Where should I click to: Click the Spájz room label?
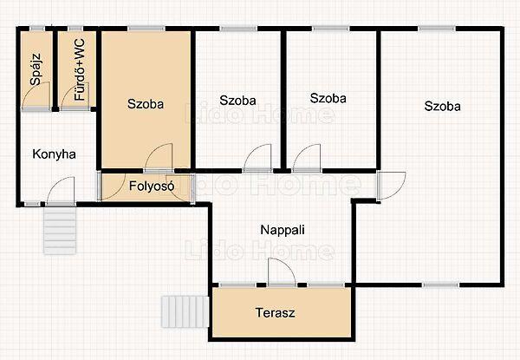pyautogui.click(x=36, y=69)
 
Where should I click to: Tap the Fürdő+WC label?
pyautogui.click(x=80, y=69)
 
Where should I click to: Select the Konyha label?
pyautogui.click(x=54, y=154)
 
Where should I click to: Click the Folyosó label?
pyautogui.click(x=152, y=186)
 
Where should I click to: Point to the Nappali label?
pyautogui.click(x=283, y=230)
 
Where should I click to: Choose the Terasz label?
pyautogui.click(x=275, y=312)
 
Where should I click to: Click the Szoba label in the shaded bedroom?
pyautogui.click(x=146, y=104)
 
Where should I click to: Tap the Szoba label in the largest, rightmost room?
pyautogui.click(x=442, y=106)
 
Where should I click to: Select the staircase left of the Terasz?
pyautogui.click(x=185, y=311)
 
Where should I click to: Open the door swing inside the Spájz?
pyautogui.click(x=36, y=95)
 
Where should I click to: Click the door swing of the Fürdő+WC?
pyautogui.click(x=75, y=96)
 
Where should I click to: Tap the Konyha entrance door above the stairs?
pyautogui.click(x=61, y=191)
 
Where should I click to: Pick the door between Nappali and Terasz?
pyautogui.click(x=282, y=272)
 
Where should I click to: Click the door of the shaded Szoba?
pyautogui.click(x=159, y=158)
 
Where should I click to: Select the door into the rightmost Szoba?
pyautogui.click(x=392, y=186)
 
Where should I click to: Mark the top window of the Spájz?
pyautogui.click(x=37, y=29)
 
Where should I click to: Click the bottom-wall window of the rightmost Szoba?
pyautogui.click(x=441, y=285)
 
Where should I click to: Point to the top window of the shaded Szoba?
pyautogui.click(x=146, y=29)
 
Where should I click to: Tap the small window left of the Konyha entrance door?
pyautogui.click(x=32, y=203)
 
